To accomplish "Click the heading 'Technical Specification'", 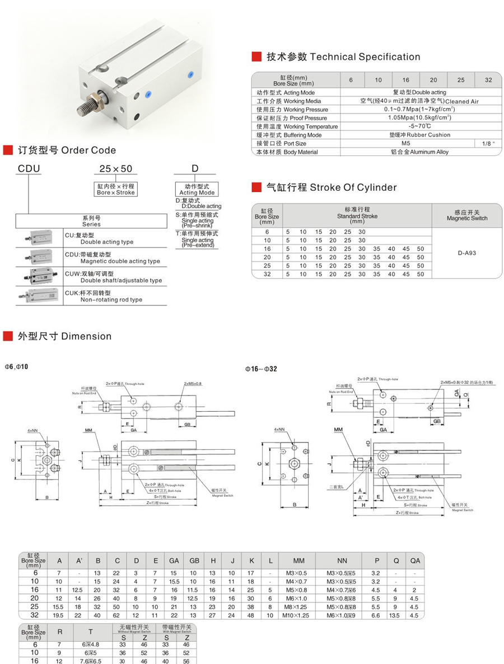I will [365, 56].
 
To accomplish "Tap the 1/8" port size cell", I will [488, 143].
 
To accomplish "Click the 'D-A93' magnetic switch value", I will [467, 252].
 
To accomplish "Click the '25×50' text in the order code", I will [116, 168].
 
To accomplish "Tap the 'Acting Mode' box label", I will [197, 192].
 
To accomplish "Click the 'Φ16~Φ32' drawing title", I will [260, 369].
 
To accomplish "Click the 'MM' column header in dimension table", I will [298, 561].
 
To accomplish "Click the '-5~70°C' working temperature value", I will [415, 126].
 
